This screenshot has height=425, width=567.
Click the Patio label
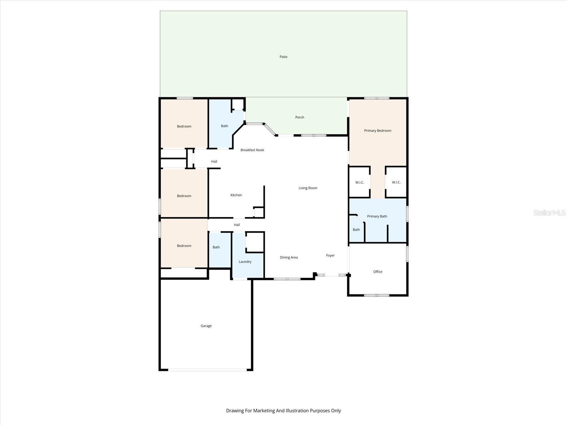(283, 57)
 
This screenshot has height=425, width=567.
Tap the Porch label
(299, 117)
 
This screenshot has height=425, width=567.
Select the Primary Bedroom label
(377, 131)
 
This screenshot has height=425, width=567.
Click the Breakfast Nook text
(252, 150)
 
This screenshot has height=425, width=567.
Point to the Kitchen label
(236, 195)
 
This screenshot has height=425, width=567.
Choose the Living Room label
(308, 188)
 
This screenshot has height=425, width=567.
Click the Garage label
(206, 326)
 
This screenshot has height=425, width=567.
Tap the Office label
(377, 272)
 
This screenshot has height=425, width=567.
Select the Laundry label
(245, 262)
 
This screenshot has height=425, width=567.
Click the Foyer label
(330, 255)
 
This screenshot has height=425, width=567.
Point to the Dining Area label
(288, 257)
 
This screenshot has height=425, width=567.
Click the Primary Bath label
(377, 216)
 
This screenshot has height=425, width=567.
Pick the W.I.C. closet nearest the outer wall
(396, 182)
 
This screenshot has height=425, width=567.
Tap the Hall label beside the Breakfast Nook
(214, 161)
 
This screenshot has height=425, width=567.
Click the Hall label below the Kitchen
(237, 225)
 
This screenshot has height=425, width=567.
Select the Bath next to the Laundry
(216, 247)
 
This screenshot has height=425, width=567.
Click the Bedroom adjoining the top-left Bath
(184, 126)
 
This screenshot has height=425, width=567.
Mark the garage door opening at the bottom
(207, 370)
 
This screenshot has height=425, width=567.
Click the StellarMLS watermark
(549, 212)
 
